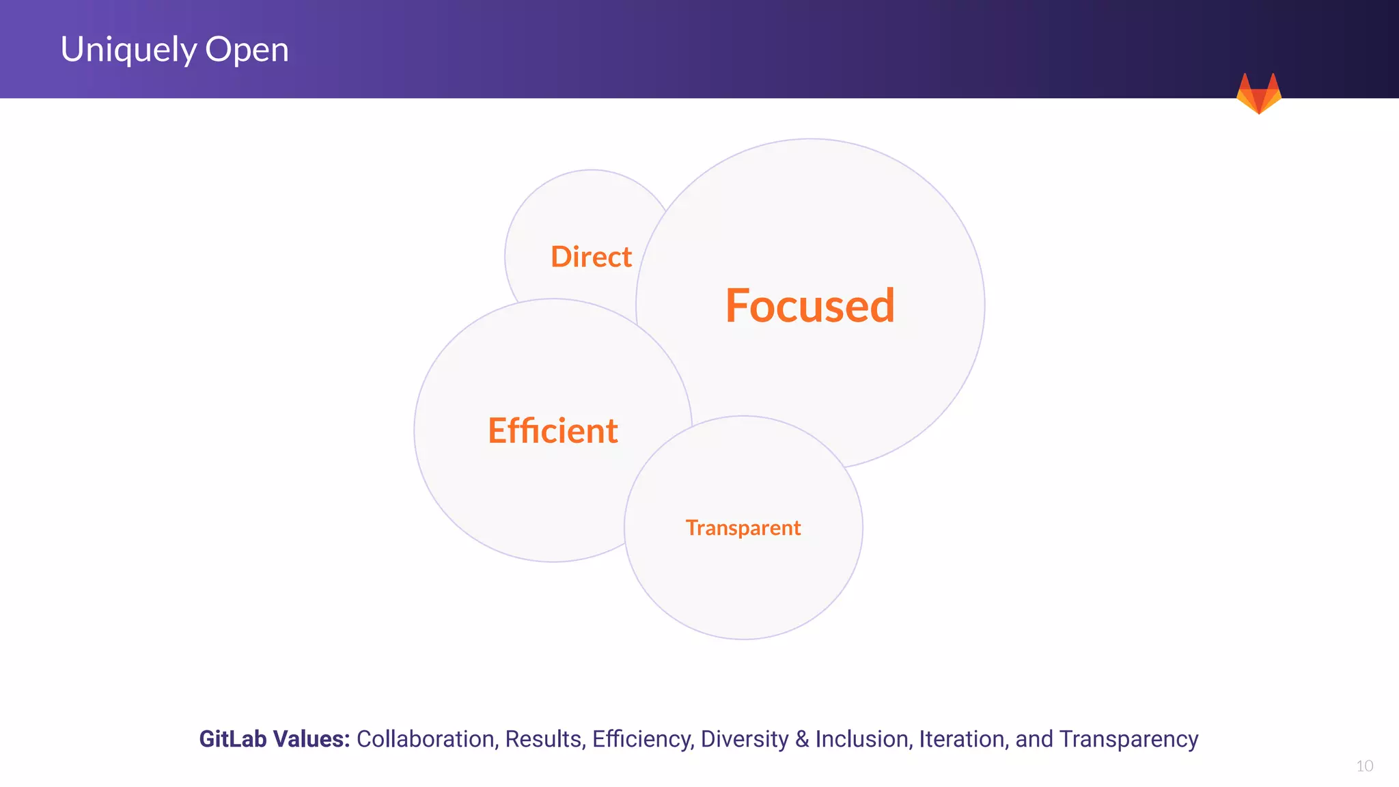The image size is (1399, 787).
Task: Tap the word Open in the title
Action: (247, 50)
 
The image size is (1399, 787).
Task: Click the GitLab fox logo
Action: (1258, 94)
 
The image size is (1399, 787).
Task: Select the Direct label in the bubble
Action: (591, 257)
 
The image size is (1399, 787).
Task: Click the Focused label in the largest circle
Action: (809, 305)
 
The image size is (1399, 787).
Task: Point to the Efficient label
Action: (553, 431)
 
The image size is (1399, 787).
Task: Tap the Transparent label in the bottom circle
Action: (743, 527)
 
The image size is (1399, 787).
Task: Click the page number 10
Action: (1364, 766)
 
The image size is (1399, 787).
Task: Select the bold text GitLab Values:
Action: (274, 739)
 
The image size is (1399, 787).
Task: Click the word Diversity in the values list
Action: (744, 739)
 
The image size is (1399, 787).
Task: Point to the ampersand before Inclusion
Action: (802, 739)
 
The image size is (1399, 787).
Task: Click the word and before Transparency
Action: (1034, 739)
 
